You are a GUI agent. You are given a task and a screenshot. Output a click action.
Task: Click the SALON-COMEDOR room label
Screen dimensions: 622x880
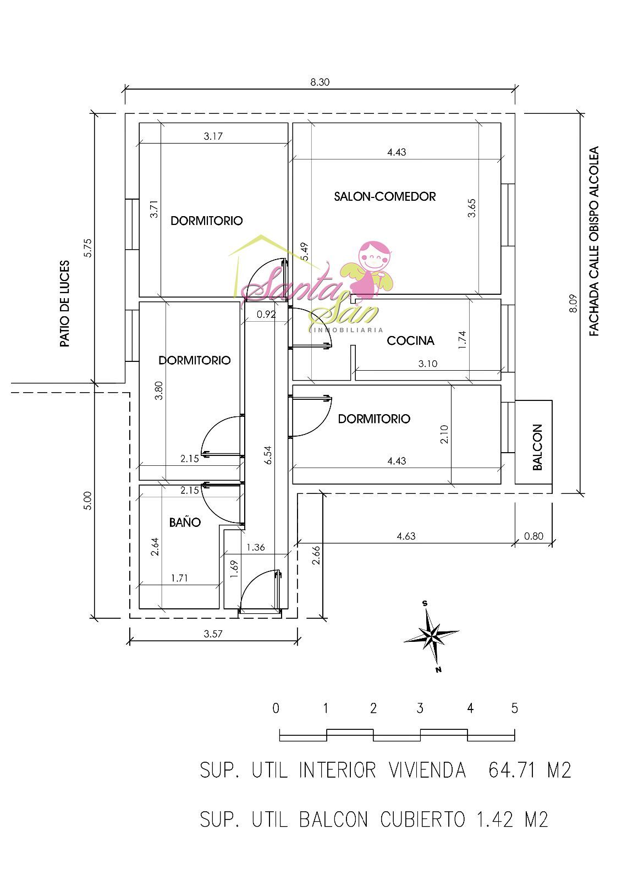(384, 196)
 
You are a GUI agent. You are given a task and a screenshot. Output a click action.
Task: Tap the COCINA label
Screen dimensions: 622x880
(410, 340)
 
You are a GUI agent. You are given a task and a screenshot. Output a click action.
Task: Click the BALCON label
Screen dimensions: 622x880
(537, 447)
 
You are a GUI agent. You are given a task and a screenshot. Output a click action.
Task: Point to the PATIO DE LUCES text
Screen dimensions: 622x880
(65, 304)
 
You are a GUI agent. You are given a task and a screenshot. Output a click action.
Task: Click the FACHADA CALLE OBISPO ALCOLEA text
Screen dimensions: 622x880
(594, 241)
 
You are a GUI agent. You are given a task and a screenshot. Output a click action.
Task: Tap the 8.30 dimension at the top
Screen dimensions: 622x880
(320, 82)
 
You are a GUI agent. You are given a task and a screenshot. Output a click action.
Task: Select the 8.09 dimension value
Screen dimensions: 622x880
(573, 303)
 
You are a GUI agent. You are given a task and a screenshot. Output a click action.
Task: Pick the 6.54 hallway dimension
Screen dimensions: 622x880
(268, 455)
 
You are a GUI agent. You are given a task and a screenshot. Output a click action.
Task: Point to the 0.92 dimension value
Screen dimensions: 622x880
(266, 314)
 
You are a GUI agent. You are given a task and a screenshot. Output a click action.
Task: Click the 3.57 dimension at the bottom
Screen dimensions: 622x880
(213, 634)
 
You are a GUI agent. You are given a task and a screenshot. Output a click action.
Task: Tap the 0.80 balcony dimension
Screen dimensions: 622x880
(533, 536)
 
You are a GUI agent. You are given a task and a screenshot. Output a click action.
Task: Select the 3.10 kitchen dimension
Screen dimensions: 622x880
(427, 364)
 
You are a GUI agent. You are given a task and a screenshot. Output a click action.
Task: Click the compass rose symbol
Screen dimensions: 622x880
(431, 636)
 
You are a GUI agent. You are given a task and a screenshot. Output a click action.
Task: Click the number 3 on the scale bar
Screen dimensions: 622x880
(420, 708)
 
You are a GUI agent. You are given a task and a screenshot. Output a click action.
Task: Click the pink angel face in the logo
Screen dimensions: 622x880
(375, 256)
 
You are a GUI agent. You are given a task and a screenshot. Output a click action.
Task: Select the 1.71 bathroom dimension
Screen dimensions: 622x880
(179, 578)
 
